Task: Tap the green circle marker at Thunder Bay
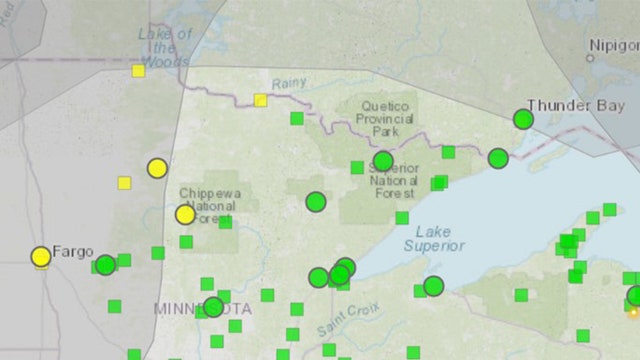tap(523, 119)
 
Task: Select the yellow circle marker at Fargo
tap(41, 257)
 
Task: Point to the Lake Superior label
tap(434, 237)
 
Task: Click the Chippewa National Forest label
tap(208, 206)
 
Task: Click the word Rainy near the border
tap(288, 83)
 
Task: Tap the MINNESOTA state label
tap(203, 308)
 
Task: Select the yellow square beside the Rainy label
tap(260, 100)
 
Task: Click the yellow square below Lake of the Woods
tap(138, 70)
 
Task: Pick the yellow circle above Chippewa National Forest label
tap(157, 168)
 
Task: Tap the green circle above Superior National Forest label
tap(383, 161)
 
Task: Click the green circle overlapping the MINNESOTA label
tap(213, 307)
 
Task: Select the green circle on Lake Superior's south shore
tap(433, 286)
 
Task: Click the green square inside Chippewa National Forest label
tap(226, 222)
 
